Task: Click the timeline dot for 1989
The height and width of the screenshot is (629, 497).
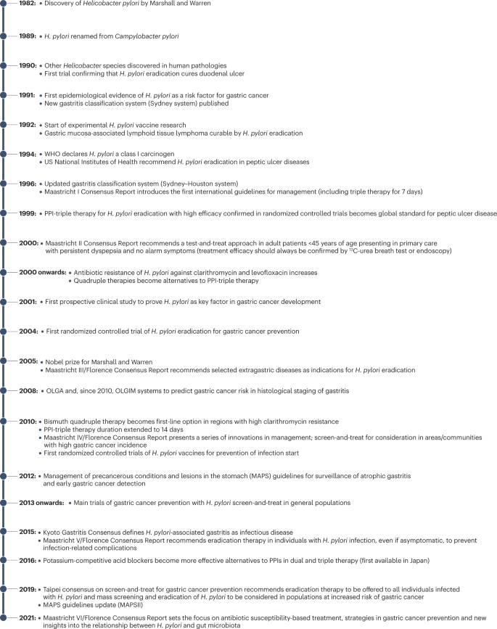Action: tap(5, 35)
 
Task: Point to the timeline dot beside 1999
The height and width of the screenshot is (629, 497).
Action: tap(5, 214)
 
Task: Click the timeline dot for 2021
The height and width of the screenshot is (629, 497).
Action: tap(5, 618)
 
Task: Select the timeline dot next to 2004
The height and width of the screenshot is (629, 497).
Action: tap(5, 332)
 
